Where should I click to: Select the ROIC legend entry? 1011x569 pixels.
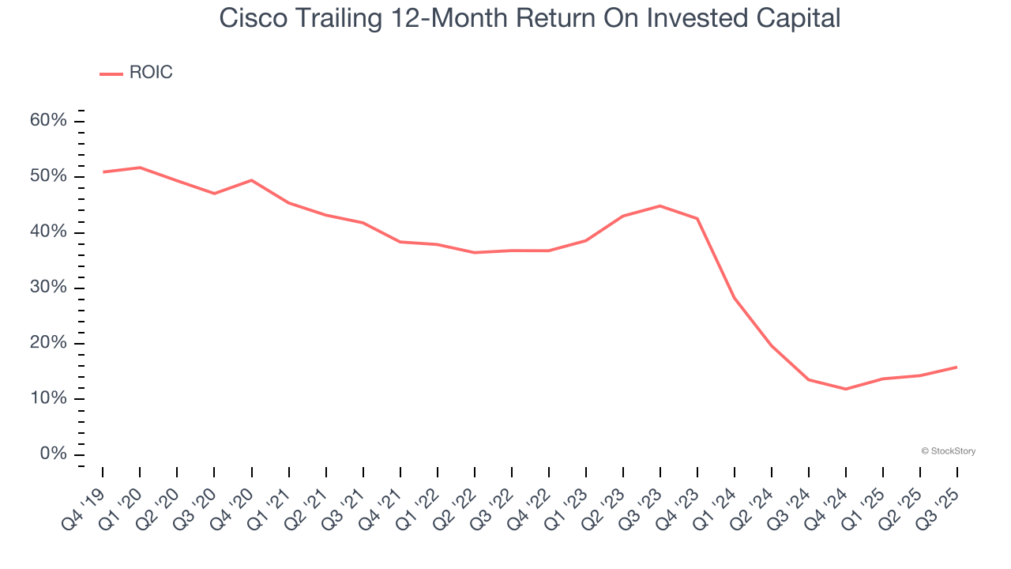150,73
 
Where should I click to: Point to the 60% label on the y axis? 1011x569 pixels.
49,121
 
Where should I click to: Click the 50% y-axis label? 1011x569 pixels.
49,176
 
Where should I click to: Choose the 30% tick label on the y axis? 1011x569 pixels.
49,288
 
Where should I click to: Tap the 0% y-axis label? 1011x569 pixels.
53,454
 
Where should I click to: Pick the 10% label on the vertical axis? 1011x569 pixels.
49,399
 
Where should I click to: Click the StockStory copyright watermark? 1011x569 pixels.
948,451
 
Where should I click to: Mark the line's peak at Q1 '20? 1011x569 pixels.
140,168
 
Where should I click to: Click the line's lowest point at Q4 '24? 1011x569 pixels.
846,389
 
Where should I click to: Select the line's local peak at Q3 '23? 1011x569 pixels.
660,206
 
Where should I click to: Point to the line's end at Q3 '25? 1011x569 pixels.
957,367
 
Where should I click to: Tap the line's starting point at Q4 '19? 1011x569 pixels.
103,171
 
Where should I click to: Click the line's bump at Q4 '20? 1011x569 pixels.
251,180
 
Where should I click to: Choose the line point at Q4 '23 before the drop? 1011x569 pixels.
697,219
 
